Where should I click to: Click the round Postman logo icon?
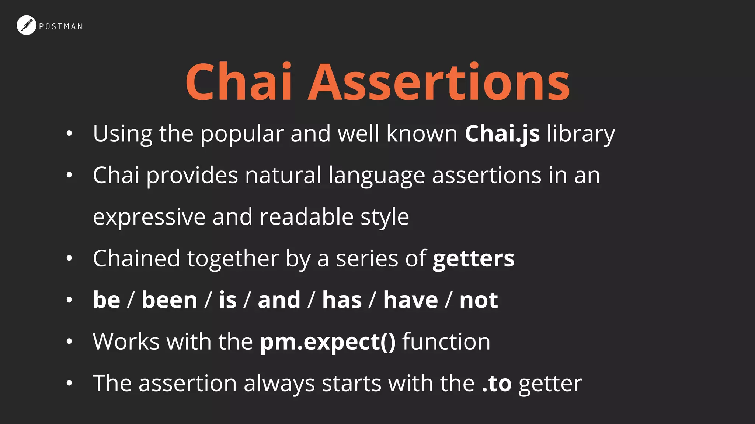click(x=26, y=25)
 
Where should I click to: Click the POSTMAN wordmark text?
click(x=61, y=26)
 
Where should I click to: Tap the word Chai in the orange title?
click(x=239, y=82)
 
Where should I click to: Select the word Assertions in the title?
click(x=439, y=82)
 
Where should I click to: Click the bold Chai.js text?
click(x=502, y=134)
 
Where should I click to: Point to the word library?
click(x=581, y=134)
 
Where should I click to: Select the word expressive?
click(x=149, y=217)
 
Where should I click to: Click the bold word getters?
click(x=473, y=258)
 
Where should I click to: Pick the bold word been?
click(x=170, y=300)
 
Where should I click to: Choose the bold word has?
click(x=342, y=300)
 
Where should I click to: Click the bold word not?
click(x=479, y=300)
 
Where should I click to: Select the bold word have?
click(x=410, y=300)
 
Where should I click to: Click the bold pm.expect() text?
click(x=328, y=342)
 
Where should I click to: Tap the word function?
click(x=446, y=342)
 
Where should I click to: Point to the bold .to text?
click(x=497, y=384)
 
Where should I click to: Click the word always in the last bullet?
click(x=279, y=384)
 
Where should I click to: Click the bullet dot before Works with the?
click(x=69, y=342)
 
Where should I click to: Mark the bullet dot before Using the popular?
click(x=69, y=134)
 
